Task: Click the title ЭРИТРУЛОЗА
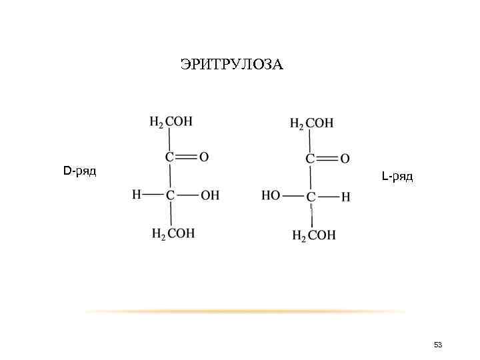coord(231,65)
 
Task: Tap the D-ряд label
coord(79,171)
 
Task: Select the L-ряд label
coord(397,177)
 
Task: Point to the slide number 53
coord(438,345)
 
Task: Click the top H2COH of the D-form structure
coord(171,122)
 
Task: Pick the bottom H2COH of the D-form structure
coord(174,233)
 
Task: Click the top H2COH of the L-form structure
coord(312,123)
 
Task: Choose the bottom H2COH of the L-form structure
coord(314,235)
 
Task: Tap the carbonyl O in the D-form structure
coord(204,157)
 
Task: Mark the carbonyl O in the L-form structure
coord(345,159)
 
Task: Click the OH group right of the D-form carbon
coord(209,195)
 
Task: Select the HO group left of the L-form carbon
coord(271,197)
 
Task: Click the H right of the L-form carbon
coord(345,197)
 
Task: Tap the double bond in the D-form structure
coord(187,157)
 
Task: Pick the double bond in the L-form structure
coord(327,159)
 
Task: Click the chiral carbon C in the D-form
coord(171,195)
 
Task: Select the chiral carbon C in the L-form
coord(311,197)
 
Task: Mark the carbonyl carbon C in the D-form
coord(170,157)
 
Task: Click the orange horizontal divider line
coord(247,311)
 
